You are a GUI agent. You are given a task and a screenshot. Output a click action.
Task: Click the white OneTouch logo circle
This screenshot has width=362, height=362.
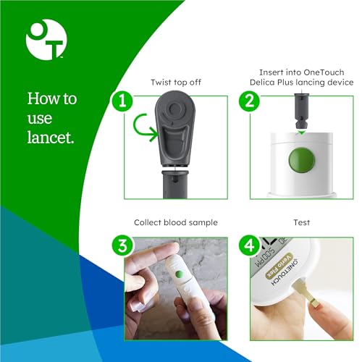pyautogui.click(x=46, y=40)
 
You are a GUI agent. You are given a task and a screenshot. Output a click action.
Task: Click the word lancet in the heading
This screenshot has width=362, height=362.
pyautogui.click(x=51, y=138)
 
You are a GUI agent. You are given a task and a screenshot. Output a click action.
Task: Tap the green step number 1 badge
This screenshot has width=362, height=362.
pyautogui.click(x=122, y=101)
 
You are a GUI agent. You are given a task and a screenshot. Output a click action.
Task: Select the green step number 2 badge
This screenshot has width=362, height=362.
pyautogui.click(x=249, y=101)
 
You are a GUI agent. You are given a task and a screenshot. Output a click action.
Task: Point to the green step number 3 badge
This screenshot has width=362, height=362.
pyautogui.click(x=122, y=246)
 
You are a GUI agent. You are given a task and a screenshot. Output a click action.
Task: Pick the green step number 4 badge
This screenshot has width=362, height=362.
pyautogui.click(x=249, y=246)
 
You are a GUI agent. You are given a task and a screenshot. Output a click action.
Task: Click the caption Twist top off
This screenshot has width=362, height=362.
pyautogui.click(x=176, y=83)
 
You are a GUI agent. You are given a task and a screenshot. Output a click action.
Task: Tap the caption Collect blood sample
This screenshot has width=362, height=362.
pyautogui.click(x=176, y=222)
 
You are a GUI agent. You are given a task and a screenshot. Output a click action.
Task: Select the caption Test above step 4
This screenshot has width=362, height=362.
pyautogui.click(x=302, y=222)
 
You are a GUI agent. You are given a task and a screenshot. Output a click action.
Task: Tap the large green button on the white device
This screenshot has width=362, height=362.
pyautogui.click(x=302, y=160)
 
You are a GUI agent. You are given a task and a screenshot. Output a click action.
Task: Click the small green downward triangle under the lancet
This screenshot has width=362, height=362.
pyautogui.click(x=301, y=132)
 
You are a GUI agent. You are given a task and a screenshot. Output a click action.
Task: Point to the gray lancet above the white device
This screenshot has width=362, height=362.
pyautogui.click(x=302, y=110)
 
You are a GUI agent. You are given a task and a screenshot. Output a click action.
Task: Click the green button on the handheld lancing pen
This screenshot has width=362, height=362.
pyautogui.click(x=180, y=274)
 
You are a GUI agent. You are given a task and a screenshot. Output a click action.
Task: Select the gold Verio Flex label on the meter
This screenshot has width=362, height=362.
pyautogui.click(x=279, y=265)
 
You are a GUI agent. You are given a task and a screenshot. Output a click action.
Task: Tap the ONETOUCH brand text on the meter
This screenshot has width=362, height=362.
pyautogui.click(x=285, y=272)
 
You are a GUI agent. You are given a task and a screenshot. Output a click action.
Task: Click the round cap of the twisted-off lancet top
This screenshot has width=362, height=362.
pyautogui.click(x=174, y=109)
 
